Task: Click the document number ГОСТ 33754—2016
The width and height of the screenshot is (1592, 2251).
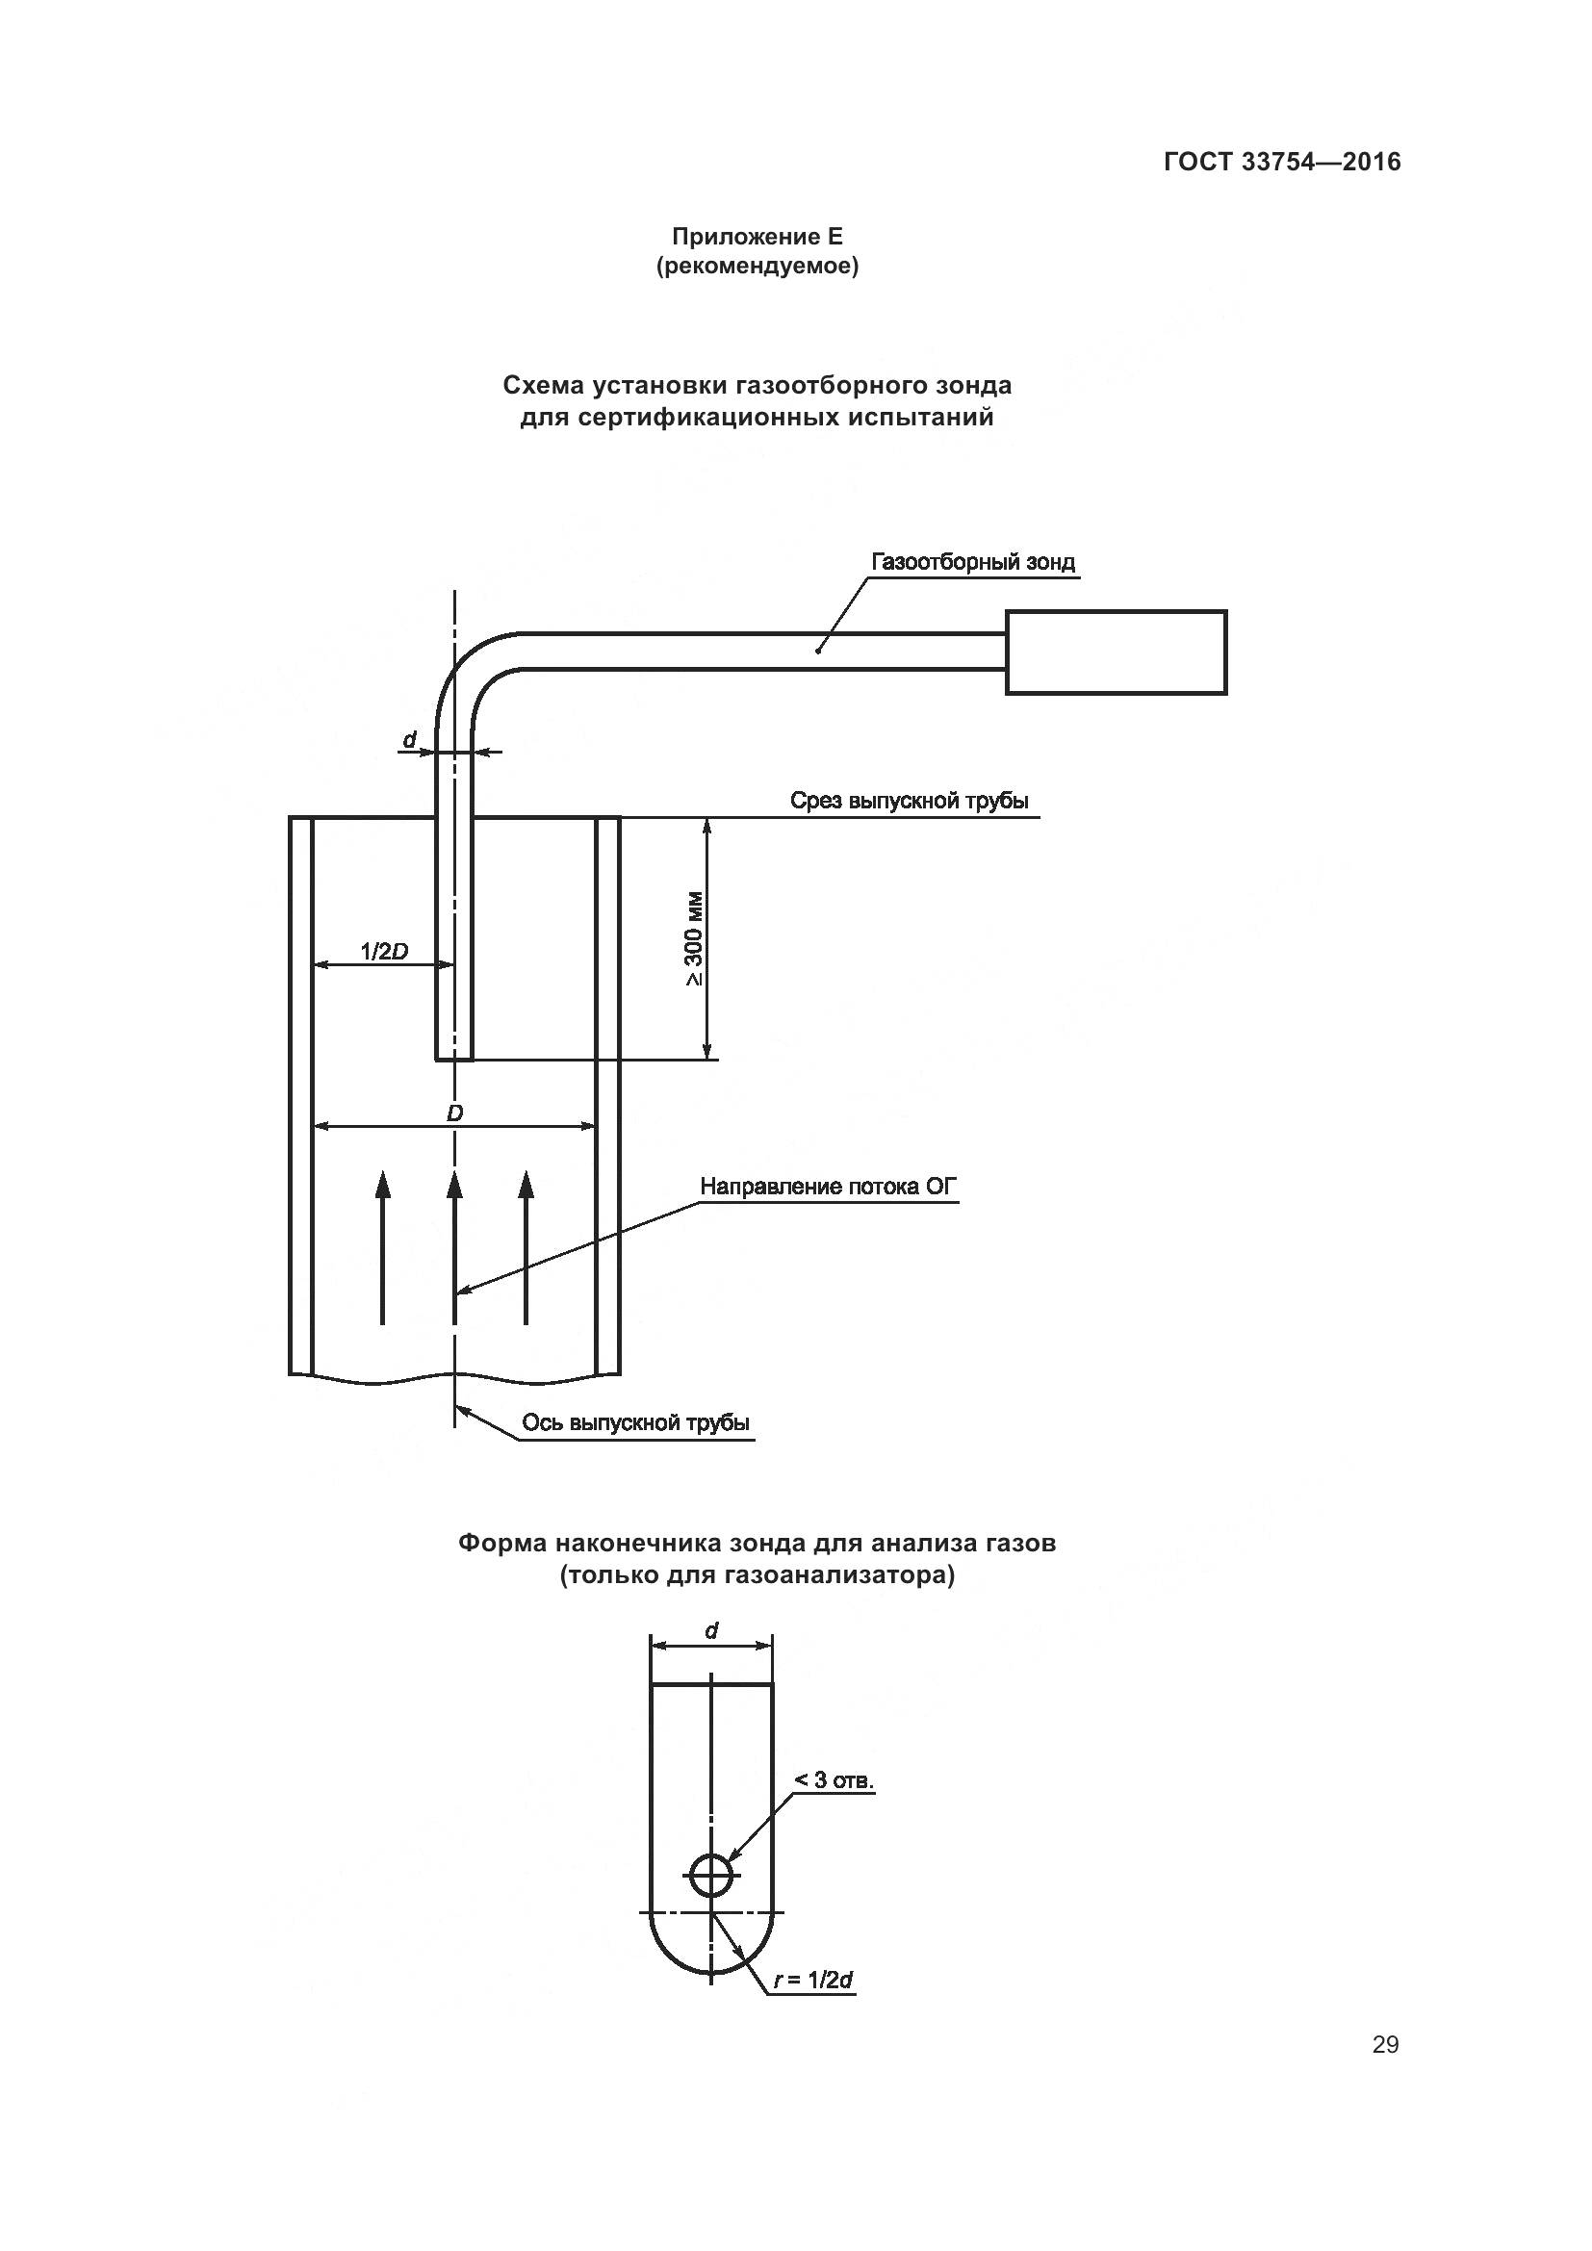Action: coord(1282,162)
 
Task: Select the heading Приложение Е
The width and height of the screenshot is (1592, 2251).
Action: coord(757,237)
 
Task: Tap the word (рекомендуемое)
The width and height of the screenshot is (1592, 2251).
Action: coord(757,267)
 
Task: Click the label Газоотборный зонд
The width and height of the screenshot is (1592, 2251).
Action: coord(972,563)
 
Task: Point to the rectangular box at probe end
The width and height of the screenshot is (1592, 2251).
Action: coord(1116,652)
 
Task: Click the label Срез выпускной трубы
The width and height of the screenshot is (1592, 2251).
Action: coord(909,801)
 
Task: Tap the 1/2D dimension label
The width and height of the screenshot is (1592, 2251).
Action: coord(383,950)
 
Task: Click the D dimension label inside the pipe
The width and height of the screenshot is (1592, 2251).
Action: coord(454,1113)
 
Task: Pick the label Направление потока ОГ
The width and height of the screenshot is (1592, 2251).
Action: coord(829,1187)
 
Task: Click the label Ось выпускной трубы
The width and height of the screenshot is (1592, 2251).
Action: coord(635,1422)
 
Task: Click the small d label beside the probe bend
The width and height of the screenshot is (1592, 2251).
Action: coord(411,738)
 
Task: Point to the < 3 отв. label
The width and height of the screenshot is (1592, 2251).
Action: coord(834,1808)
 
